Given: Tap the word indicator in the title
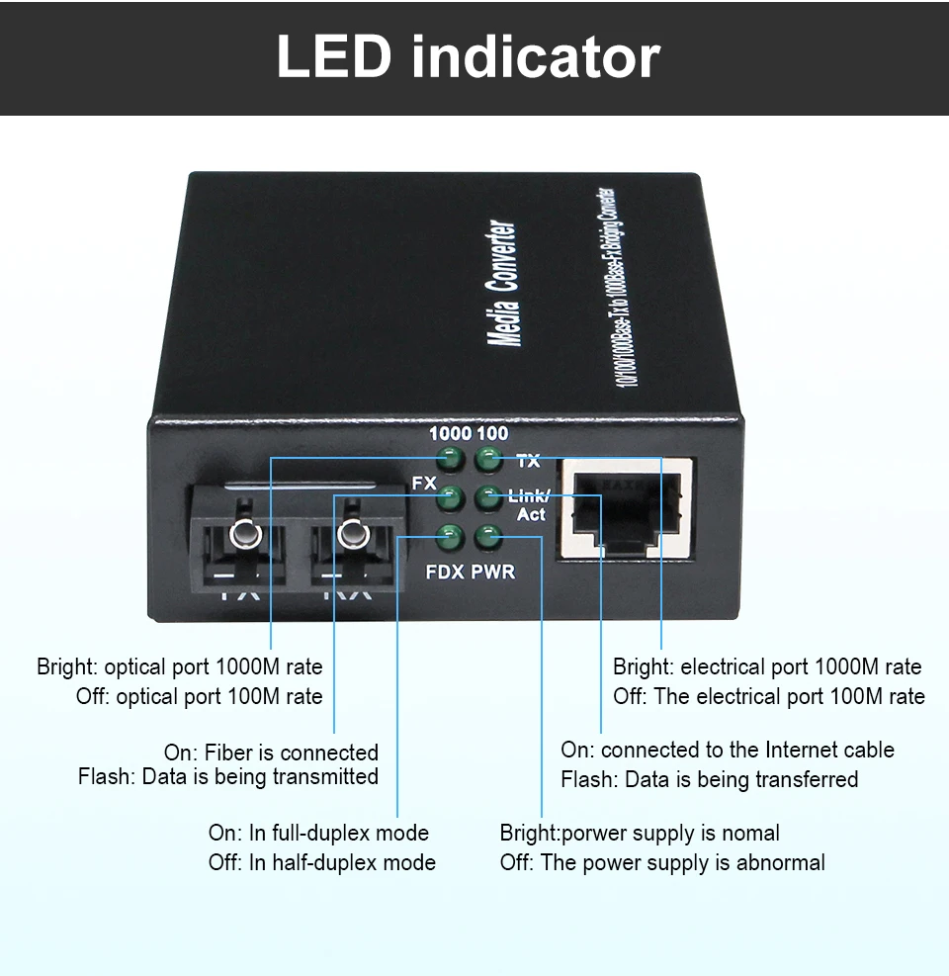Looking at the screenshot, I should (535, 57).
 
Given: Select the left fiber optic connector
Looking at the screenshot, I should (241, 538).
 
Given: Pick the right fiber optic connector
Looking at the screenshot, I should (349, 538).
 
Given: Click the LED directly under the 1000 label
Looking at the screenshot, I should (451, 459).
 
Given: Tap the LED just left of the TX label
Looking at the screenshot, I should (487, 459).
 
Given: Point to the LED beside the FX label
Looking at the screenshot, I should (451, 497).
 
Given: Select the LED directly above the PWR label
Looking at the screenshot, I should (487, 538).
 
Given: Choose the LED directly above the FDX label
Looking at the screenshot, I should (451, 538).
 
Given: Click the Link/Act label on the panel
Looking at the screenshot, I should (529, 505).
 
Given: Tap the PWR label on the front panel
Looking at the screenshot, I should (492, 572).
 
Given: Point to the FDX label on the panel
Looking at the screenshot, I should (445, 572).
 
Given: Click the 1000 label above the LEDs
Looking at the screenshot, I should (449, 434).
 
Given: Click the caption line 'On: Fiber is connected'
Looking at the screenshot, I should (271, 753).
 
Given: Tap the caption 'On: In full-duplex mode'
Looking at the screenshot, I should (318, 833).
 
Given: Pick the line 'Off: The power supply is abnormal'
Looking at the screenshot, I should (662, 862).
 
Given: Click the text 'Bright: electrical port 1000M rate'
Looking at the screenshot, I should (767, 666).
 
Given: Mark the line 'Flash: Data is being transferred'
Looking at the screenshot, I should (709, 779).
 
